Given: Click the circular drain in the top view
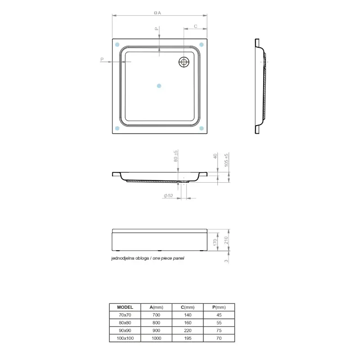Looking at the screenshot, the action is (x=184, y=62).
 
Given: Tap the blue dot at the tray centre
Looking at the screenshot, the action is (x=159, y=86).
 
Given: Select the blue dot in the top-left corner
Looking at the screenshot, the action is (x=117, y=44).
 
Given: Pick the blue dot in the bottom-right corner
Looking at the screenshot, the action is (x=201, y=128).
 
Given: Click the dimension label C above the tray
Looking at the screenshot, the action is (x=195, y=26).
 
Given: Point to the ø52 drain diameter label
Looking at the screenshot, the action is (x=168, y=196).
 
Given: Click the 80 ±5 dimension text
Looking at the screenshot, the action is (x=175, y=156).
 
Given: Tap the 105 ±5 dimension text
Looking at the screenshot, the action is (x=226, y=160).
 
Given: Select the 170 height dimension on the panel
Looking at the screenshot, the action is (x=215, y=242).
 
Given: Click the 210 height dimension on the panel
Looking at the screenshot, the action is (x=226, y=240).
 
